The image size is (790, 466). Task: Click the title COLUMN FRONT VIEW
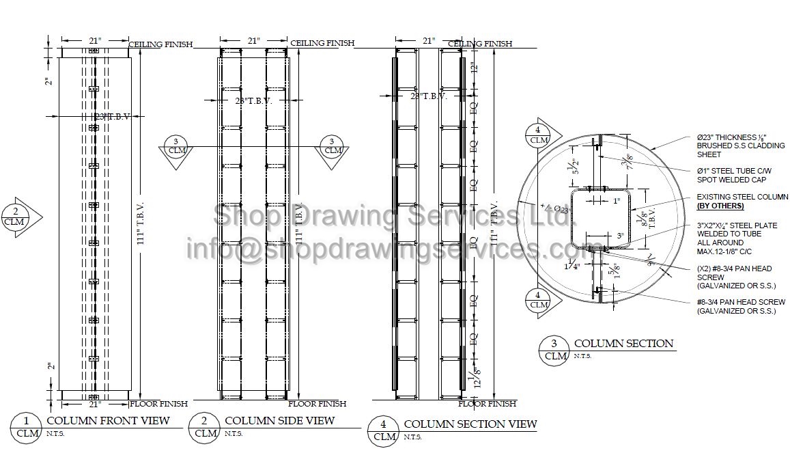point(107,420)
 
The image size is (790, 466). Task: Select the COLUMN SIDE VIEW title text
point(279,420)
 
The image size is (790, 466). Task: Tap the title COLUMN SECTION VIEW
point(470,424)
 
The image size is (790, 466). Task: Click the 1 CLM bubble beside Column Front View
point(27,427)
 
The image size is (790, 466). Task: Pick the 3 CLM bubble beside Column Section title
point(556,349)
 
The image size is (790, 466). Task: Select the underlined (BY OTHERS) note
point(720,206)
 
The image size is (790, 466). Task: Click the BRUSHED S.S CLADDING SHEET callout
point(740,146)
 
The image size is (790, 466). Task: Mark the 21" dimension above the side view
point(254,41)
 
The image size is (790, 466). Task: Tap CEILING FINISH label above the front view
point(160,44)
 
